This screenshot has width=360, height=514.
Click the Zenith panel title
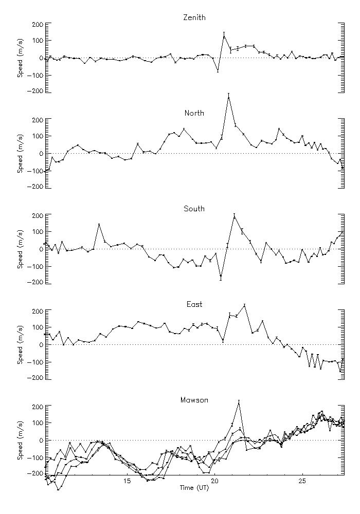point(194,17)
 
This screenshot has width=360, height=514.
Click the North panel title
point(194,113)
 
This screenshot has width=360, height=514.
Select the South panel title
point(194,209)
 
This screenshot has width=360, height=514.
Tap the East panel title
point(194,304)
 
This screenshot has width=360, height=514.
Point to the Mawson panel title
point(194,400)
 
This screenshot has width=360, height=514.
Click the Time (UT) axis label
point(194,487)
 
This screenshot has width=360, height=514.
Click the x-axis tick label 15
point(127,481)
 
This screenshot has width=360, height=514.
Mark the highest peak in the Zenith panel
point(224,36)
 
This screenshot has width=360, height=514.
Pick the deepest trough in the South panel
point(221,277)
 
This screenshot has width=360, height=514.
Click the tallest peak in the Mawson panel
point(239,402)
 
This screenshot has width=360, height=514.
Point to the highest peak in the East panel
point(245,305)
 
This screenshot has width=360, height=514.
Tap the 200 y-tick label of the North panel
point(36,120)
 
